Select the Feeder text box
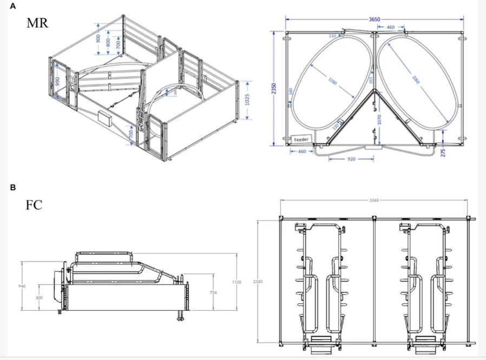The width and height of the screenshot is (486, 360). pos(301,139)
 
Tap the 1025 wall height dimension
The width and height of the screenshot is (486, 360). pos(248,100)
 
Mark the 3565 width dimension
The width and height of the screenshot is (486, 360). pos(374,200)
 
